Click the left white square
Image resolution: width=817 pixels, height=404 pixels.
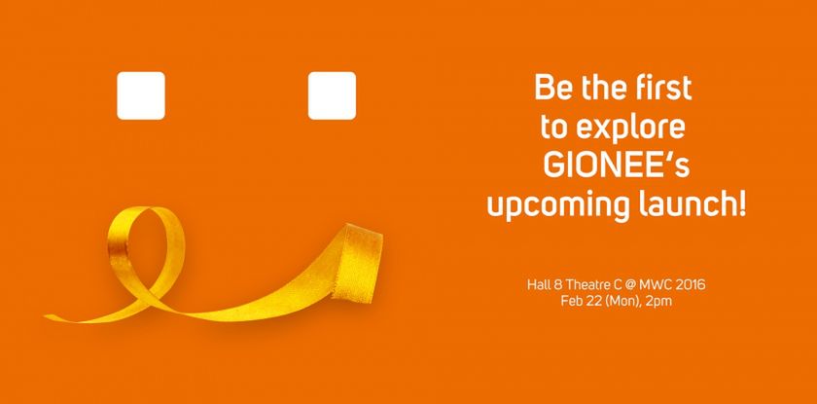(141, 95)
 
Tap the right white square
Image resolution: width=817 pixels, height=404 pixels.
(332, 95)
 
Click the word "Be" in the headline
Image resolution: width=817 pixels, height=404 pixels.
(552, 88)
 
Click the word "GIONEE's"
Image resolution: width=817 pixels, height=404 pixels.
(617, 165)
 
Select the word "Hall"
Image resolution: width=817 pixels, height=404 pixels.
(537, 285)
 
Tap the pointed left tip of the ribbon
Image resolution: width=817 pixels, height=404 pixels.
(46, 316)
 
